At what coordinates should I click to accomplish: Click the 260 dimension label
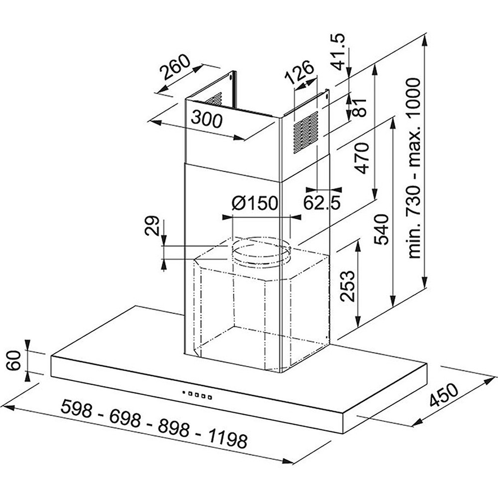point(175,67)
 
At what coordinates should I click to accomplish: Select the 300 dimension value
point(207,120)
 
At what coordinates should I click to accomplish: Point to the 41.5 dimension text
point(338,51)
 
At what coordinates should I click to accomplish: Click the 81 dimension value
point(360,108)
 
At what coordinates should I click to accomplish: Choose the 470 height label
point(363,158)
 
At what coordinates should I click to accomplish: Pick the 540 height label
point(381,230)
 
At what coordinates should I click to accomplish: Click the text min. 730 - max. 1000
point(414,168)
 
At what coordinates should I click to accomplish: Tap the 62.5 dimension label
point(322,202)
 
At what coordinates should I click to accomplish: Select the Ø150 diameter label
point(254,203)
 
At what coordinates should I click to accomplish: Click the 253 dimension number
point(347,286)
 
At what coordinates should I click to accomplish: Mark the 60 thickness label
point(14,361)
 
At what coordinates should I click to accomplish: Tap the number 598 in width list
point(77,409)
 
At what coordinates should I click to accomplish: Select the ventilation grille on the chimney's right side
point(306,132)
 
